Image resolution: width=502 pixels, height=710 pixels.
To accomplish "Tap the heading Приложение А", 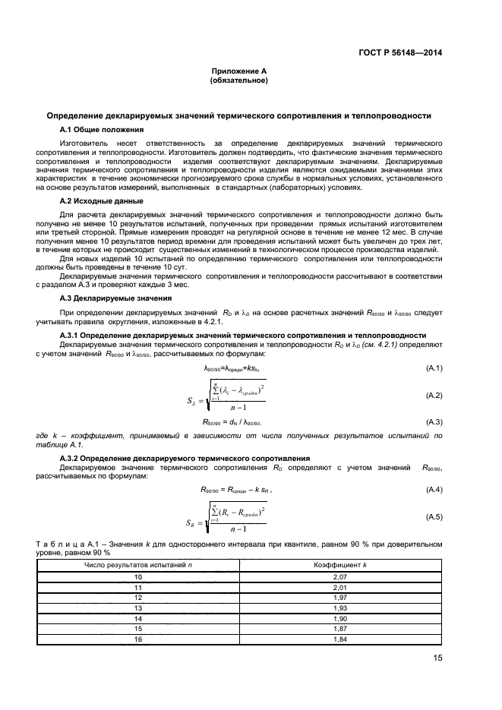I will click(x=238, y=70).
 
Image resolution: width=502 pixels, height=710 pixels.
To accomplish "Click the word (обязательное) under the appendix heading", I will click(x=238, y=79).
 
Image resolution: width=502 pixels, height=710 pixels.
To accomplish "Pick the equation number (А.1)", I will click(x=434, y=368).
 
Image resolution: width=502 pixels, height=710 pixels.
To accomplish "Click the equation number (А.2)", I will click(x=434, y=396).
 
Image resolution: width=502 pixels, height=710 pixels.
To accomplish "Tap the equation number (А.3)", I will click(x=434, y=421).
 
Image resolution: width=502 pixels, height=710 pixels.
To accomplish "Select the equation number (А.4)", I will click(x=434, y=491).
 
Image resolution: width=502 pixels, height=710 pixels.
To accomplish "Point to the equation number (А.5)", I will click(x=434, y=516).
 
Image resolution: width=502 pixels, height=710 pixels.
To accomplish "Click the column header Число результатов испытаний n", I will click(x=138, y=566).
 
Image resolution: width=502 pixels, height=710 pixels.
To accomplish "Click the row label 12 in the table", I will click(x=138, y=598).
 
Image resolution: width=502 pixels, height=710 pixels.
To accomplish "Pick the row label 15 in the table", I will click(x=138, y=630).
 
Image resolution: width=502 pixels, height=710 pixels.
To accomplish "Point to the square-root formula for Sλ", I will click(x=228, y=396).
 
